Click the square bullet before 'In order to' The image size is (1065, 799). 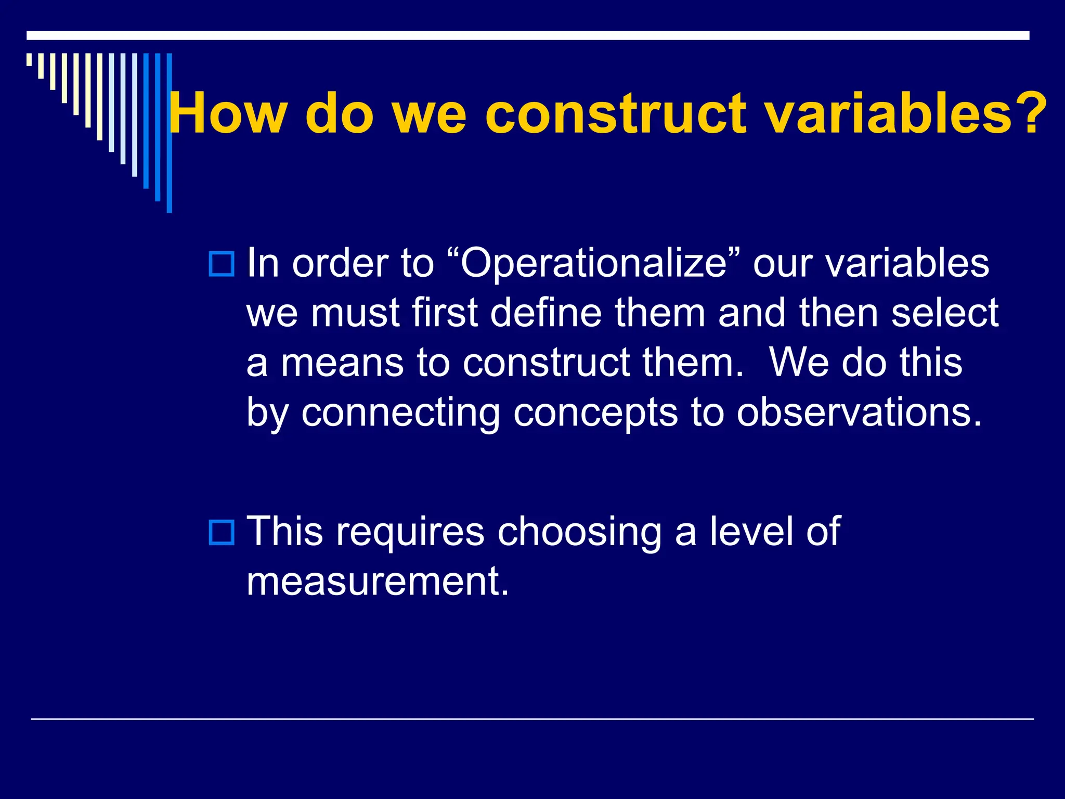(x=222, y=264)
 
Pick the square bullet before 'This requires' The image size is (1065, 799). (x=222, y=532)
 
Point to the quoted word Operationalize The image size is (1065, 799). (x=593, y=264)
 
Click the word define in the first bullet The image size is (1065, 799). (x=546, y=313)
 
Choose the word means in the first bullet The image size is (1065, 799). (x=342, y=363)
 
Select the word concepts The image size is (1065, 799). (x=595, y=413)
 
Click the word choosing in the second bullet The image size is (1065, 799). (x=579, y=533)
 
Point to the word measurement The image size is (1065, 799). (x=376, y=582)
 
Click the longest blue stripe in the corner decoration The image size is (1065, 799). (x=169, y=133)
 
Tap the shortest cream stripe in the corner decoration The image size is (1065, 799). (x=30, y=59)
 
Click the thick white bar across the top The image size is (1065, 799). (x=527, y=35)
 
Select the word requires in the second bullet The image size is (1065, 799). (x=410, y=533)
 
